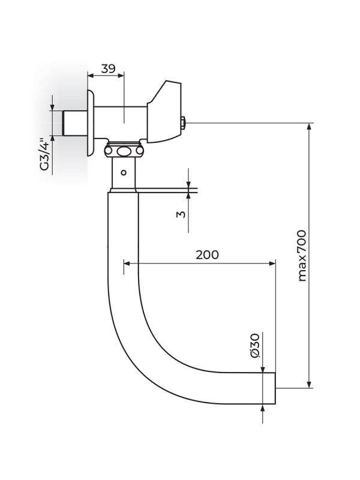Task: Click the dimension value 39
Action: [108, 68]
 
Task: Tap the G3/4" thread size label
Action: [43, 154]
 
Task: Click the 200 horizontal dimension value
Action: [207, 254]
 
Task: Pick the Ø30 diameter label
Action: [254, 347]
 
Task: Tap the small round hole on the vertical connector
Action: [123, 173]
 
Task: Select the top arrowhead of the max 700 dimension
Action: [310, 127]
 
